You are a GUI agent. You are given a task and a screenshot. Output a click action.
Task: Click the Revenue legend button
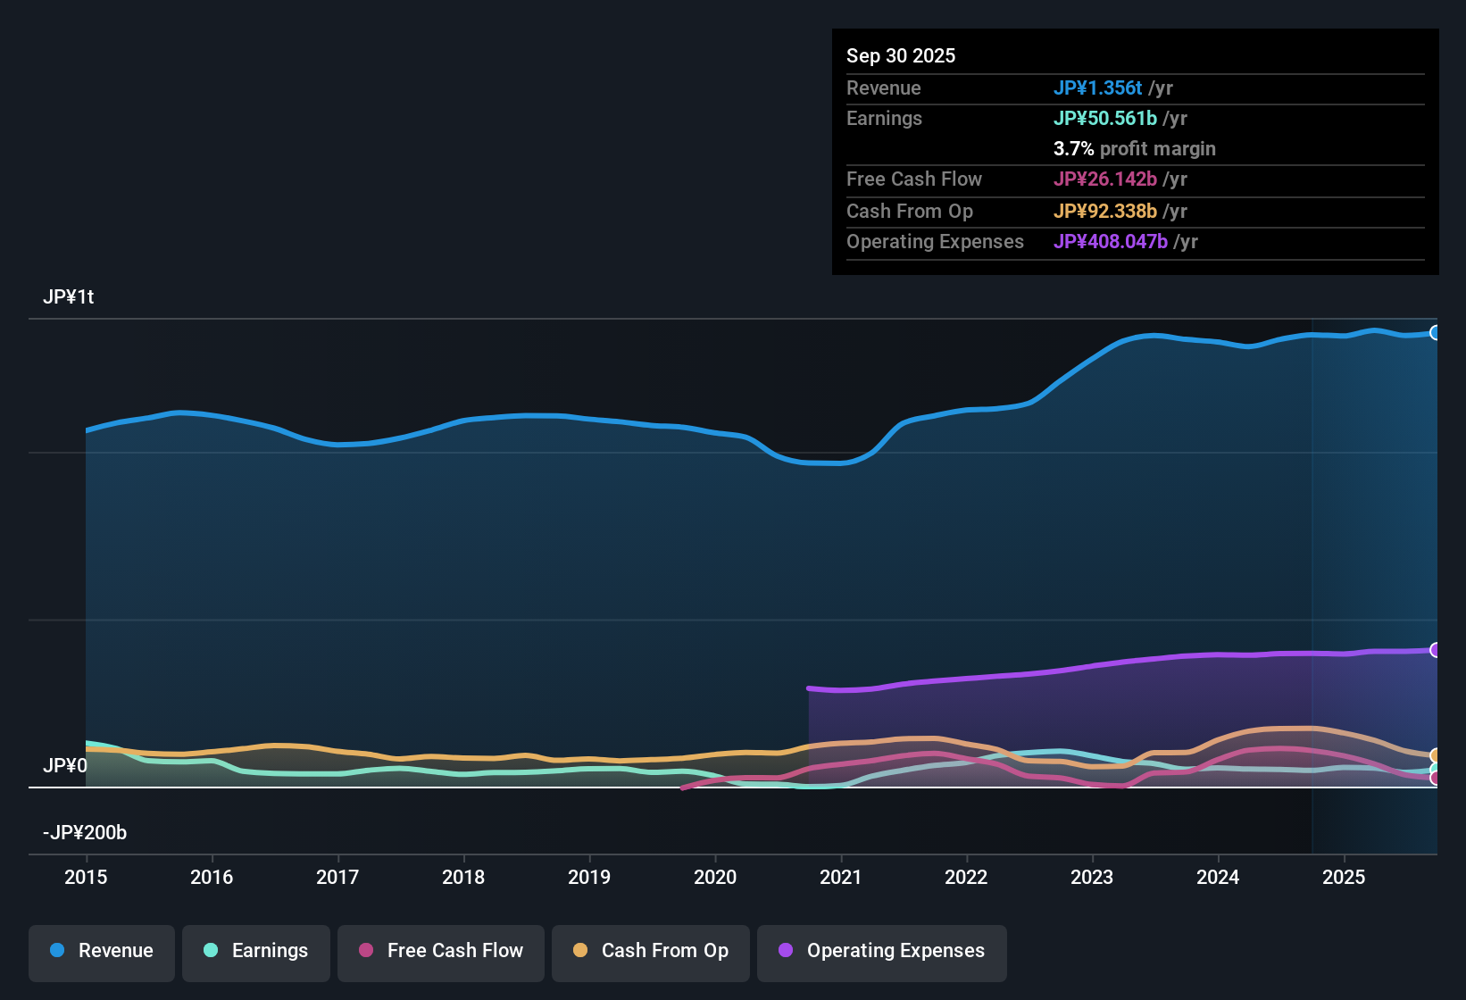tap(102, 951)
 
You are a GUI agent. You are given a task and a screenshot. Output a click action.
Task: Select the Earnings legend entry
tap(256, 951)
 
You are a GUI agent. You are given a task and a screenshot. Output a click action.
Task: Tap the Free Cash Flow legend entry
tap(441, 951)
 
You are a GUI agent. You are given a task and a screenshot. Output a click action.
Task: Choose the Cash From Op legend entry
tap(651, 951)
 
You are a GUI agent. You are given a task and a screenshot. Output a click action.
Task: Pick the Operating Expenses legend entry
tap(882, 951)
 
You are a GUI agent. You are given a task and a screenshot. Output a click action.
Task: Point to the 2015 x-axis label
tap(86, 878)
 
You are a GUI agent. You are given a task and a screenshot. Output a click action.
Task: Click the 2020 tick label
tap(715, 878)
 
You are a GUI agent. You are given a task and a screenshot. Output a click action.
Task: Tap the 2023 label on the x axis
tap(1092, 878)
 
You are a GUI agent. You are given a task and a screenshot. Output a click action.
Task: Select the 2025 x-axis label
tap(1344, 878)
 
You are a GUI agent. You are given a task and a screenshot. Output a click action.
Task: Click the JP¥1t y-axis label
tap(68, 297)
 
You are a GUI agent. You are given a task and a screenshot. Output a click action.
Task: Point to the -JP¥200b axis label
tap(85, 833)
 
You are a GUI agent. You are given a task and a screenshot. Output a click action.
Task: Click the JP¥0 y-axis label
tap(65, 766)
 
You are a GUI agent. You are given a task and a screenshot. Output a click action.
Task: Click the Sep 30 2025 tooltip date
tap(901, 56)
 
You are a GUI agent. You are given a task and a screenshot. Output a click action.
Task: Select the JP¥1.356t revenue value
tap(1097, 88)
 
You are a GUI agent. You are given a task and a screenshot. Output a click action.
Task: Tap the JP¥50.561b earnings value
tap(1104, 119)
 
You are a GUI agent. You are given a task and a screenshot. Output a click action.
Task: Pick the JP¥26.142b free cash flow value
tap(1104, 179)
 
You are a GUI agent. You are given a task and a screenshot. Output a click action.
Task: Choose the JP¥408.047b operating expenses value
tap(1110, 242)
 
